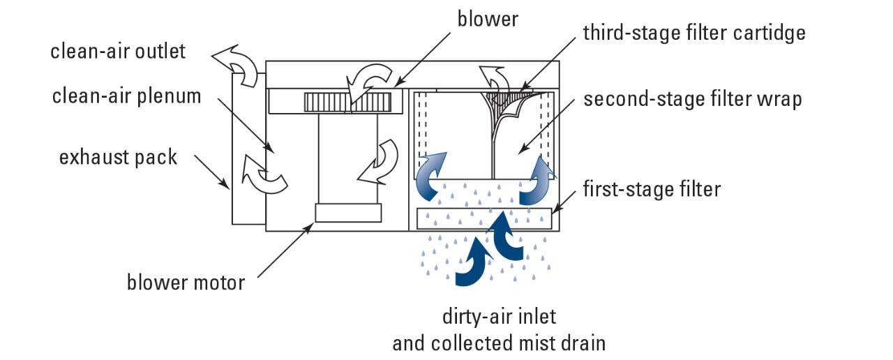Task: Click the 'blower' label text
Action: tap(488, 19)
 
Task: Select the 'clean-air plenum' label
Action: tap(126, 96)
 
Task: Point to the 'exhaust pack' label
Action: tap(118, 157)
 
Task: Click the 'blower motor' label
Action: tap(186, 283)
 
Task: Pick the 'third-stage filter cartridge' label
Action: tap(694, 33)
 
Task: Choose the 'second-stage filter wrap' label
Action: tap(693, 99)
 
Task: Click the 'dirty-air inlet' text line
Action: tap(499, 316)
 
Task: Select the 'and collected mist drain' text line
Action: tap(499, 343)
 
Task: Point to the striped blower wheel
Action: tap(347, 103)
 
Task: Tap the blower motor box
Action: tap(348, 212)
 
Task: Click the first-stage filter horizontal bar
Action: tap(484, 218)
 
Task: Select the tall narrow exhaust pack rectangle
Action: tap(248, 153)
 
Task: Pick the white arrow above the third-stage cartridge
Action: tap(493, 77)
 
